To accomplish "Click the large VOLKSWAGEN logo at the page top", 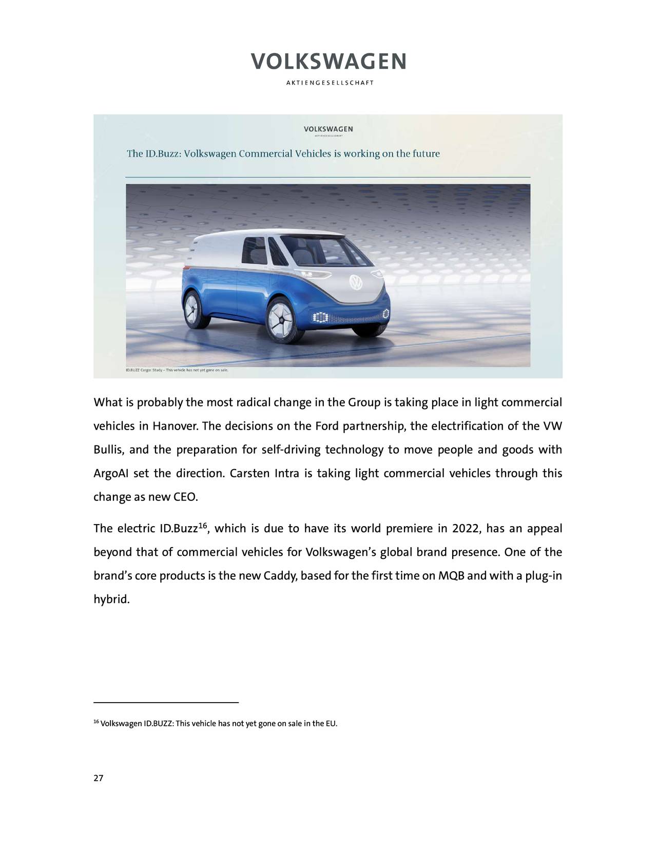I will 328,62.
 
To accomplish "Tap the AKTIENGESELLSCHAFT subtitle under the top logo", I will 328,83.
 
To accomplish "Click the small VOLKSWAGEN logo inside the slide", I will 328,128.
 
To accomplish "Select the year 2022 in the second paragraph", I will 465,529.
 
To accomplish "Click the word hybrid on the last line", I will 111,600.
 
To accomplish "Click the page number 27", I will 98,779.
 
